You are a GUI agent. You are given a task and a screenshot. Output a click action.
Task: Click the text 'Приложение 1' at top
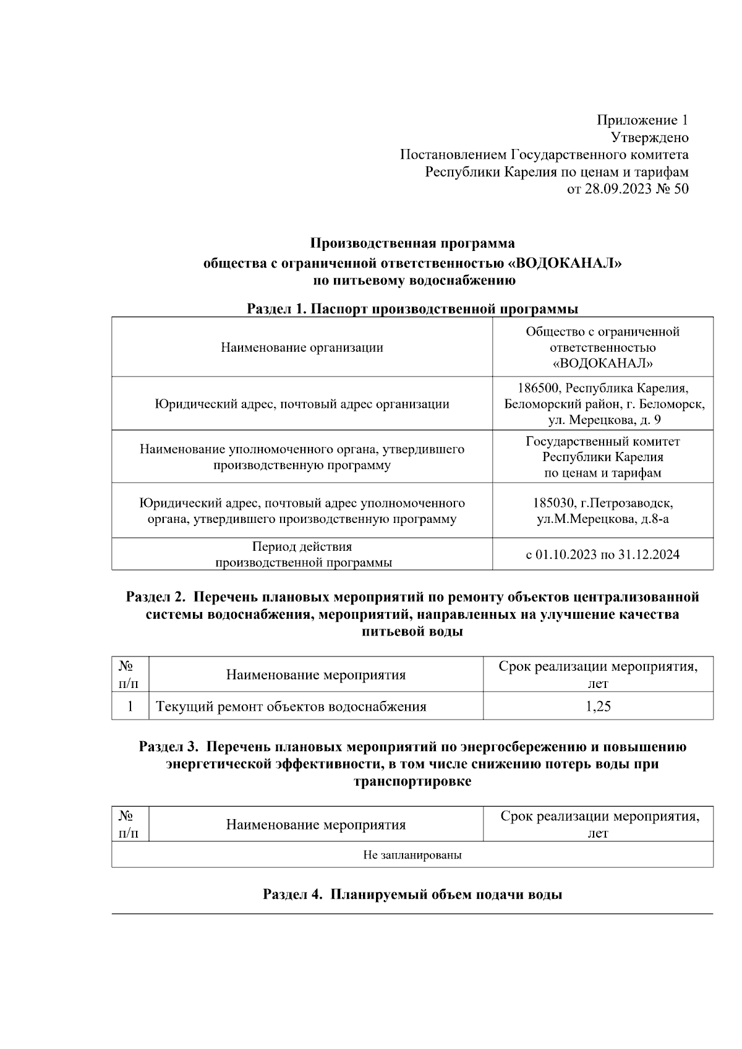[642, 120]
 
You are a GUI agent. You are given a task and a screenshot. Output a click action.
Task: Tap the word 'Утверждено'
[649, 137]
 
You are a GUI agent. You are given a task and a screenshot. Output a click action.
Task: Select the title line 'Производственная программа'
[412, 242]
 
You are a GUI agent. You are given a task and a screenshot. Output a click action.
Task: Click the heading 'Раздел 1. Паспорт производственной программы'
[412, 308]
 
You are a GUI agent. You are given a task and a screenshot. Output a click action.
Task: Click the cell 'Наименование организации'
[302, 347]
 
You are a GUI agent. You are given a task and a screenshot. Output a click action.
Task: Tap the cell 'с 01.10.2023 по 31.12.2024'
[602, 554]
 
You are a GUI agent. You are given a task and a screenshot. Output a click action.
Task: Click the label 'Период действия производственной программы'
[302, 554]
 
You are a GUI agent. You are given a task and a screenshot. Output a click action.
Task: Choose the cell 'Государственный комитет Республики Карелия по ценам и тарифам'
[602, 457]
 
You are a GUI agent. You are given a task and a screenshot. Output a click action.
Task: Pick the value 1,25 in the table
[598, 707]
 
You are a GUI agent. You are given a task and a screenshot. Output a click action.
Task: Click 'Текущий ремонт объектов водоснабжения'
[291, 707]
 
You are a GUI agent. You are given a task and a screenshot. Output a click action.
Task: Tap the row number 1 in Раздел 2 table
[130, 707]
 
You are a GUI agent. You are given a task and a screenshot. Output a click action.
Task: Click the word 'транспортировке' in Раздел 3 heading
[412, 781]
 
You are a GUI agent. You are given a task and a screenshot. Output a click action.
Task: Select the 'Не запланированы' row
[412, 856]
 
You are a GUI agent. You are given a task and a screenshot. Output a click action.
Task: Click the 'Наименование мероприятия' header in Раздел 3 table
[316, 825]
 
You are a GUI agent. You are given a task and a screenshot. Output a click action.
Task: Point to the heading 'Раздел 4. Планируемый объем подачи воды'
[412, 894]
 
